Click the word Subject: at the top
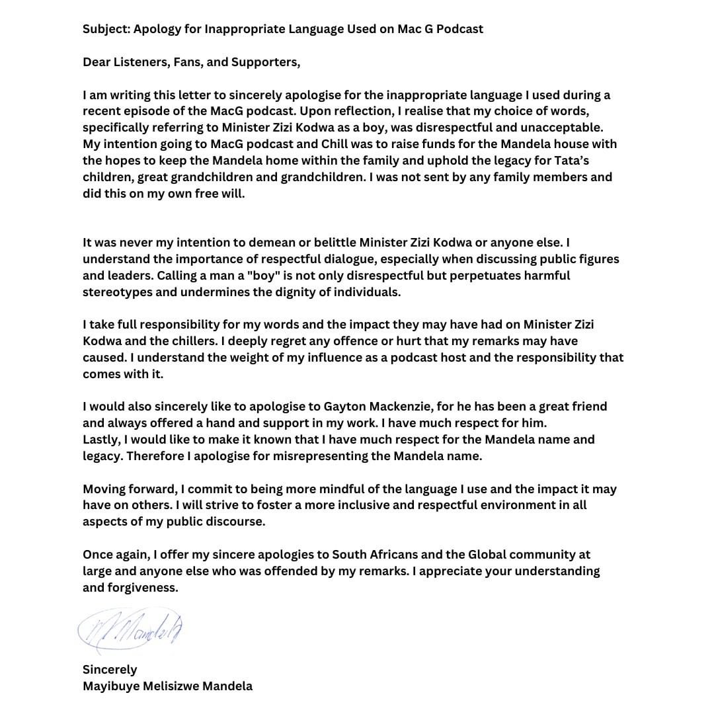point(108,29)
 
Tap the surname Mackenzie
point(409,407)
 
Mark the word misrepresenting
point(332,456)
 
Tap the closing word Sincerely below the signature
point(110,669)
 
